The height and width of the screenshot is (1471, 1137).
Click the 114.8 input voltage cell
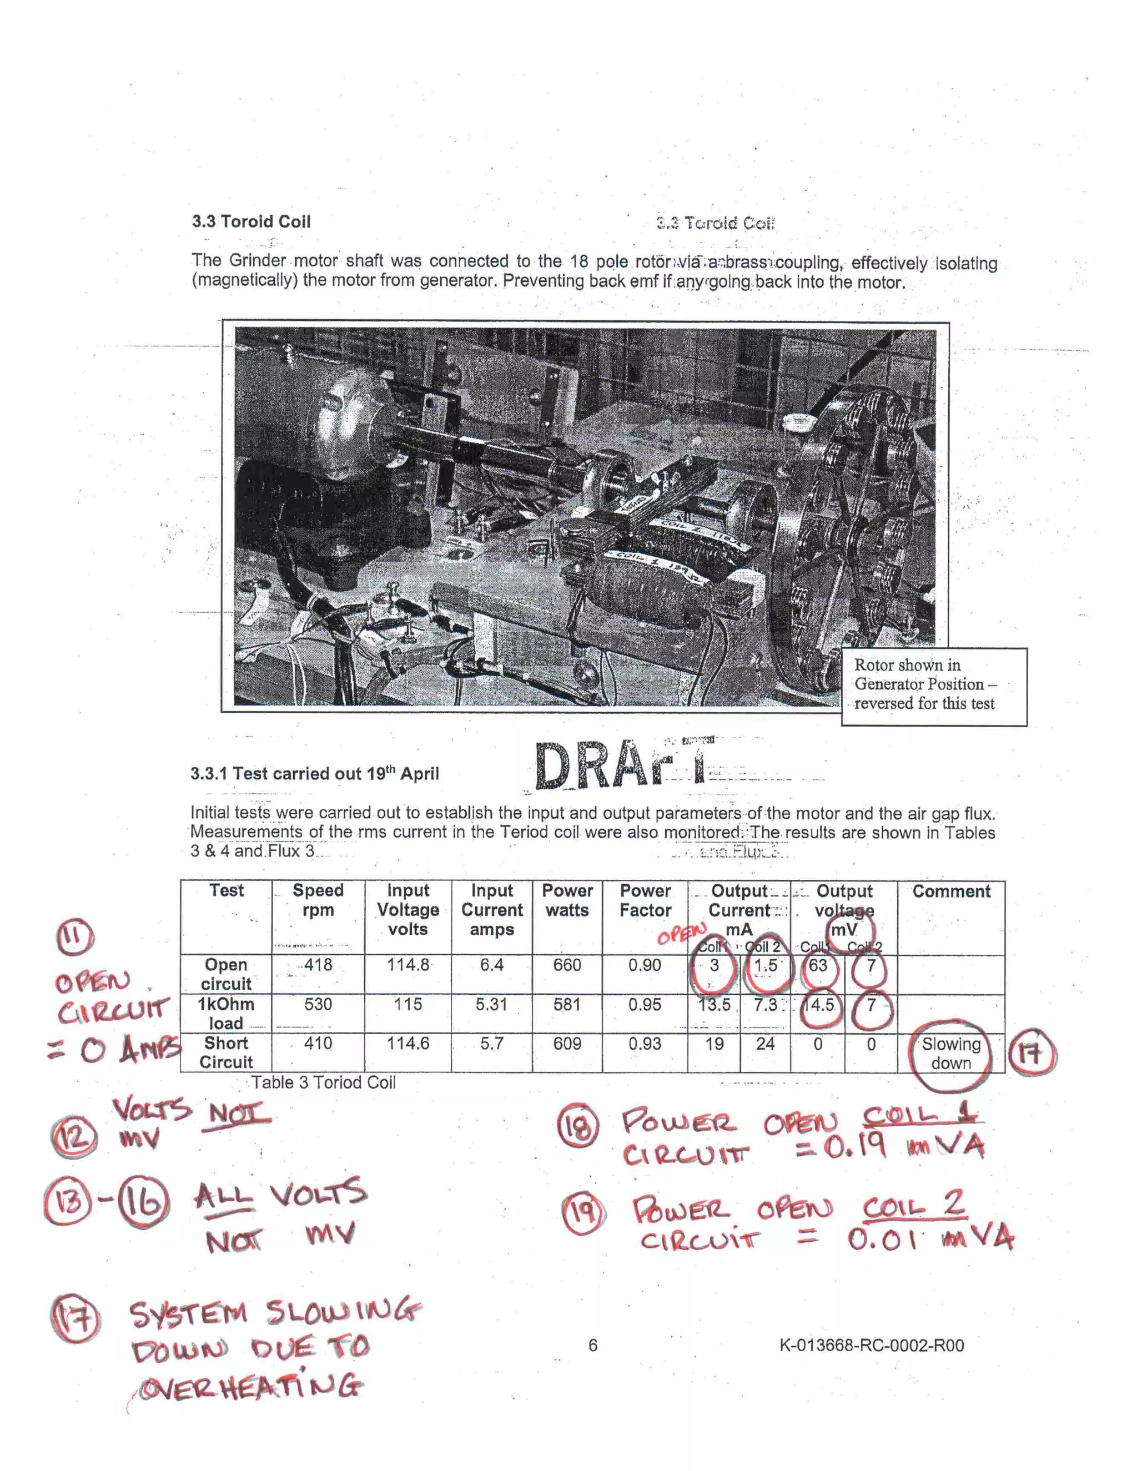point(407,965)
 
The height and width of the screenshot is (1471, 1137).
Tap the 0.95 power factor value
point(645,1004)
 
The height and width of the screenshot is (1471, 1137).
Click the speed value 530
point(318,1004)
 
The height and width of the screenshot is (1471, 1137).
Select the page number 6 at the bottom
point(593,1345)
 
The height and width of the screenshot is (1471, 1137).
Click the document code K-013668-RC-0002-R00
point(871,1345)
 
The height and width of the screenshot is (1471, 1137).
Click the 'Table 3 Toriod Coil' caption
point(323,1082)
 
